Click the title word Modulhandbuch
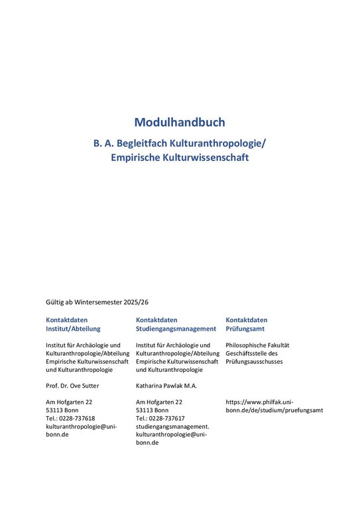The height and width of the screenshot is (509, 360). (180, 122)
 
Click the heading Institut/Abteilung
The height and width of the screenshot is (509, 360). (73, 328)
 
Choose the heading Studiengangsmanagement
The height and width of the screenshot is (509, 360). (176, 328)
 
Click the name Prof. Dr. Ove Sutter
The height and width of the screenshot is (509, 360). (72, 386)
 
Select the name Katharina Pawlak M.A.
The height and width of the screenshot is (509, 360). (166, 386)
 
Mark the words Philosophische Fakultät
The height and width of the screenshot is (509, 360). (257, 345)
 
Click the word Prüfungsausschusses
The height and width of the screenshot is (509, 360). (254, 361)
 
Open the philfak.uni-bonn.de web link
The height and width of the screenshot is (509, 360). (274, 406)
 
